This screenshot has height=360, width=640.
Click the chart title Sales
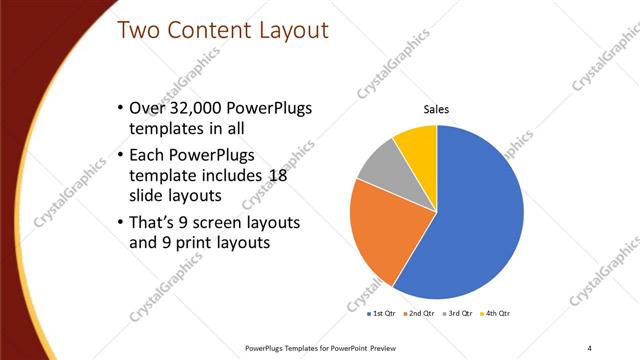(436, 109)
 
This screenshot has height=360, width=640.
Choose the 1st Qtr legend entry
(382, 313)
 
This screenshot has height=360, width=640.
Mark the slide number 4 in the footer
(590, 347)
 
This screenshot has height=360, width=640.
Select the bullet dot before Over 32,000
(121, 108)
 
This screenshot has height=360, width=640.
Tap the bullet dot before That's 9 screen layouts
(121, 221)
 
